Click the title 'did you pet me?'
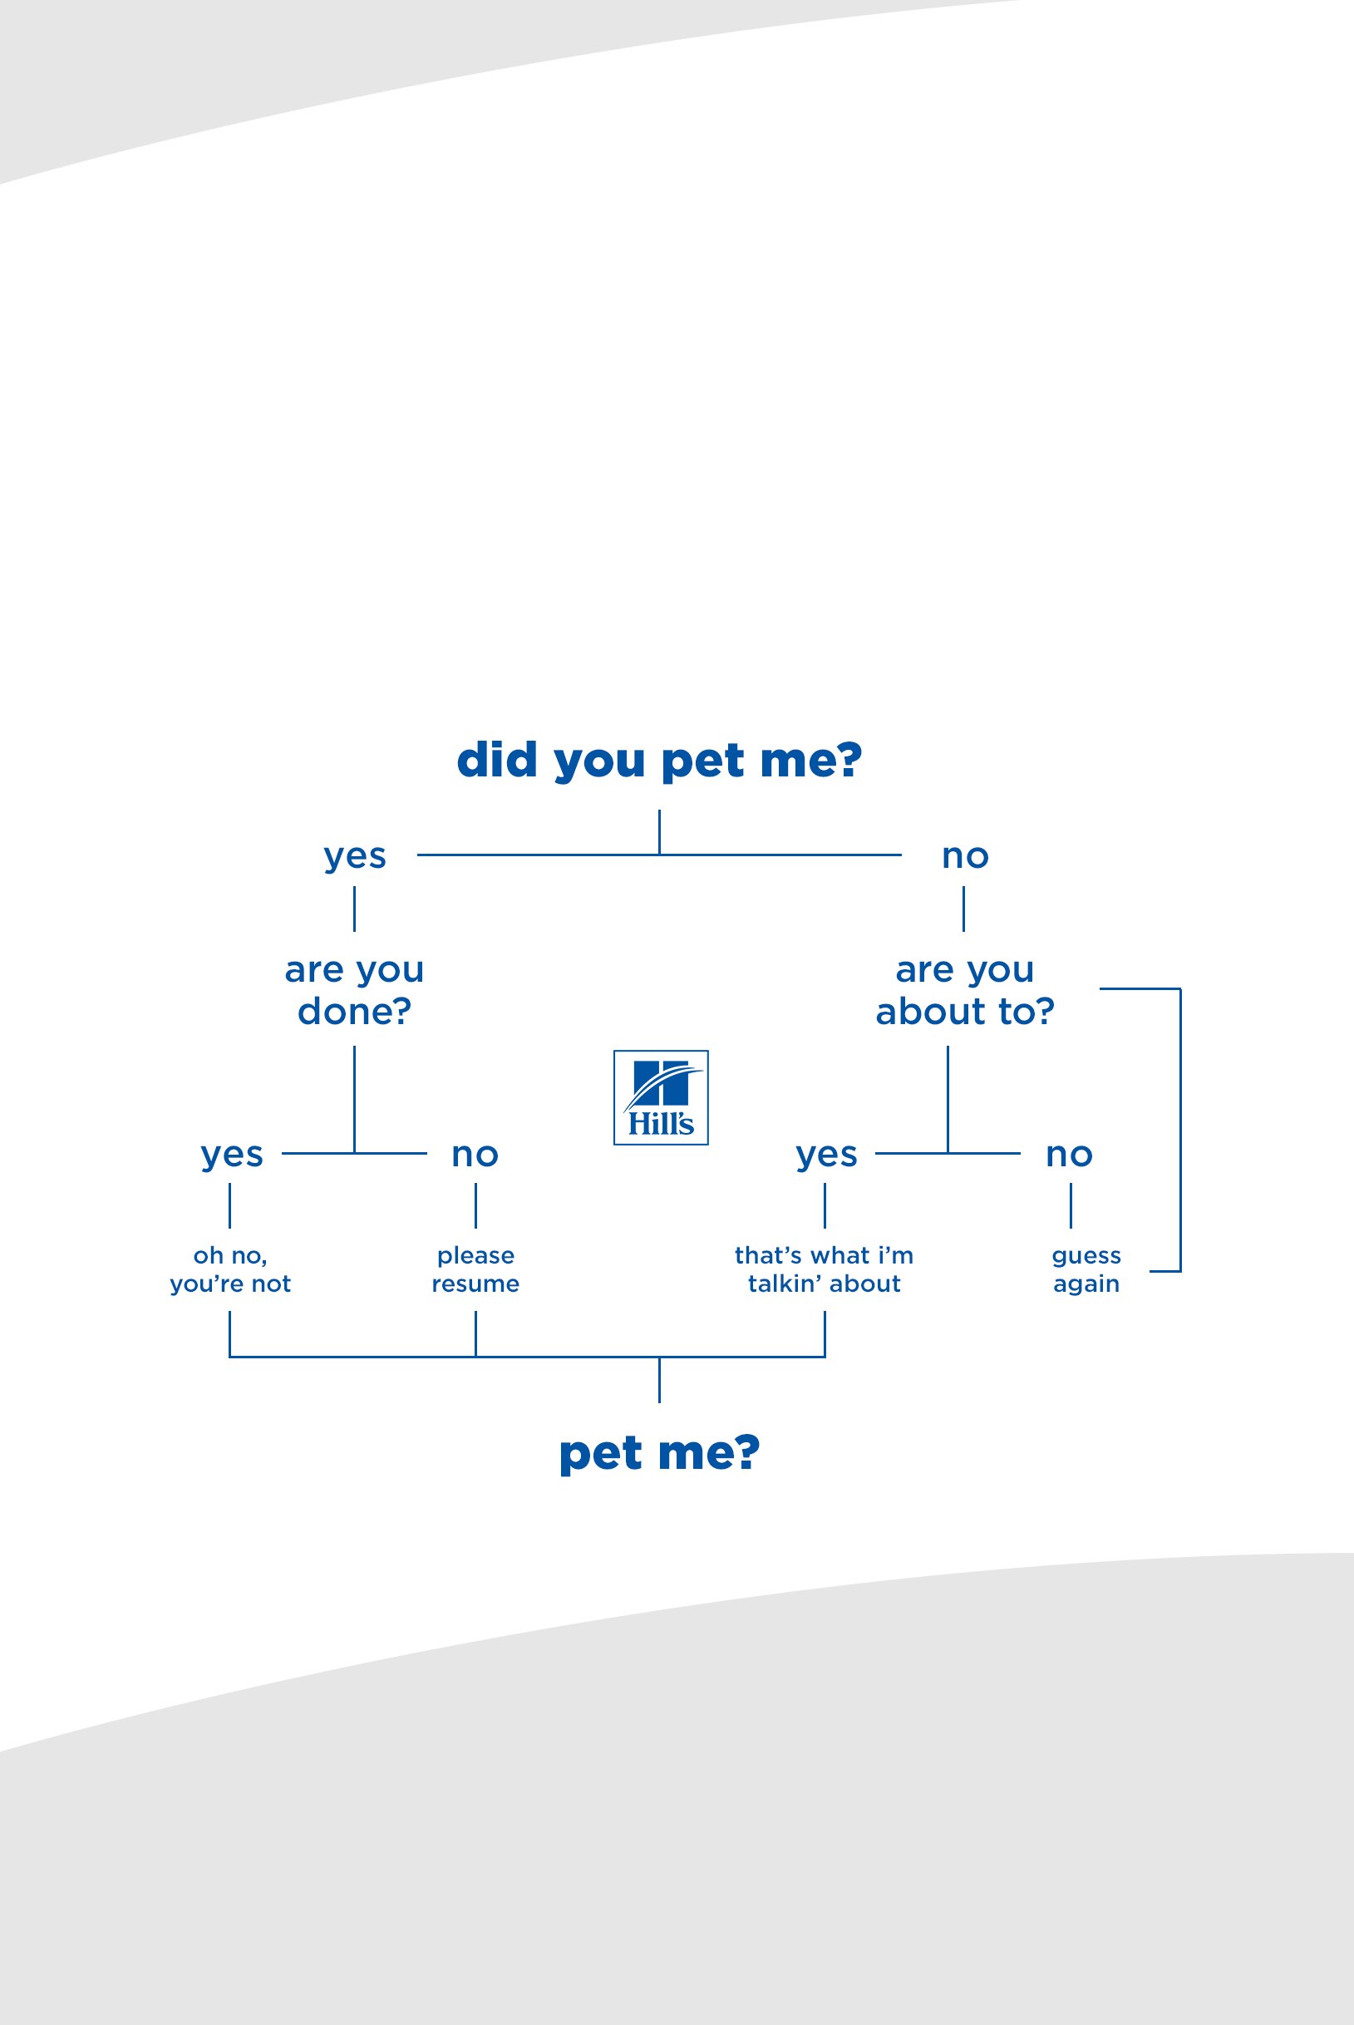(659, 760)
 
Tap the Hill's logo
(661, 1097)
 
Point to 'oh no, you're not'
(229, 1269)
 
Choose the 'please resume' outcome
(475, 1269)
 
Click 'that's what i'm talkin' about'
(824, 1269)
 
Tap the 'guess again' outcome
(1086, 1269)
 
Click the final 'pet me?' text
(659, 1452)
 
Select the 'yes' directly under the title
(355, 855)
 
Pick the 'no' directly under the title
(964, 855)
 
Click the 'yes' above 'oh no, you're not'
(231, 1154)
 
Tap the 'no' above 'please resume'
(475, 1154)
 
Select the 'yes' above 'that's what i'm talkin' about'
(826, 1154)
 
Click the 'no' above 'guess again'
(1069, 1154)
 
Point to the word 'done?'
(354, 1011)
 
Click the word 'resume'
(475, 1283)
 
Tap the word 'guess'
(1086, 1255)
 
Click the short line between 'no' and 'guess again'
(1071, 1205)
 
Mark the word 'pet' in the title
(702, 761)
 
